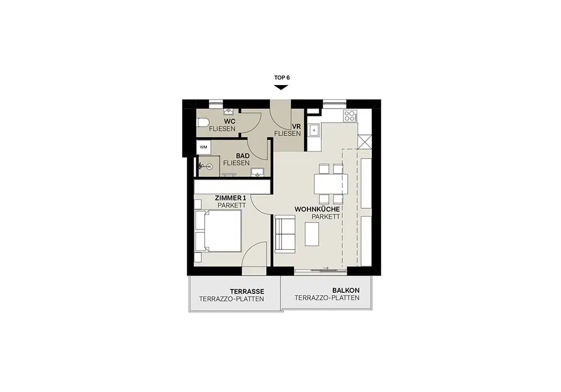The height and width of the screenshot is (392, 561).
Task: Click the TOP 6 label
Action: click(282, 77)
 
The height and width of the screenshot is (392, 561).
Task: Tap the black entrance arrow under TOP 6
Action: click(281, 87)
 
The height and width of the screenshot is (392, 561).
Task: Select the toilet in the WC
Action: click(203, 123)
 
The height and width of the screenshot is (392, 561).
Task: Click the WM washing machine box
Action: click(204, 147)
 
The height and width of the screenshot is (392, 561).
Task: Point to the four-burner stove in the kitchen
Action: click(350, 115)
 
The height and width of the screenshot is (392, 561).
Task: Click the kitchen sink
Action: click(315, 130)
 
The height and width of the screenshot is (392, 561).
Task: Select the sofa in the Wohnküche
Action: click(285, 234)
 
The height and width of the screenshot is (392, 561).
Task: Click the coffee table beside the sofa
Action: click(312, 234)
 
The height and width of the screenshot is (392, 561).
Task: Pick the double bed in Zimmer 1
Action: click(218, 231)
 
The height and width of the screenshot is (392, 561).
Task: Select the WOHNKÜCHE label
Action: click(317, 209)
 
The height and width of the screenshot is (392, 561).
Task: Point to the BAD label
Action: click(242, 156)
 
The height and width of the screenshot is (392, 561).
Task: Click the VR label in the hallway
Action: click(296, 127)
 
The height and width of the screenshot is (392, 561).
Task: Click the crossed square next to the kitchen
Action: click(365, 141)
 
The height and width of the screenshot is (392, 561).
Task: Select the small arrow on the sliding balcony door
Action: click(325, 268)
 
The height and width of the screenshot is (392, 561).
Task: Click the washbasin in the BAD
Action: click(257, 172)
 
